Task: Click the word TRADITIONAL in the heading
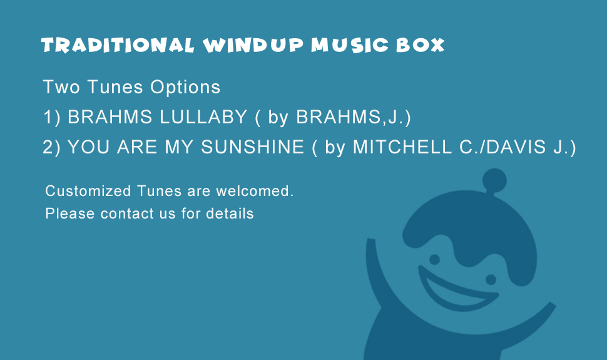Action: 118,45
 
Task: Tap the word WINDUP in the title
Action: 253,45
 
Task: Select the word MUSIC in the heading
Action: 350,45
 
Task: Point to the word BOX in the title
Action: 421,45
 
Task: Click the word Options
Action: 185,88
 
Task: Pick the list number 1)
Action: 52,117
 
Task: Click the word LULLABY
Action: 203,117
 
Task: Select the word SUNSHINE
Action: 253,147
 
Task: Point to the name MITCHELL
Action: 402,147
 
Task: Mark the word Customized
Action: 88,191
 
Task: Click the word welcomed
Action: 255,191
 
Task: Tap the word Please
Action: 70,213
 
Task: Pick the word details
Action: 230,213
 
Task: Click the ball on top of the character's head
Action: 494,180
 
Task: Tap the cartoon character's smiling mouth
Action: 456,291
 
